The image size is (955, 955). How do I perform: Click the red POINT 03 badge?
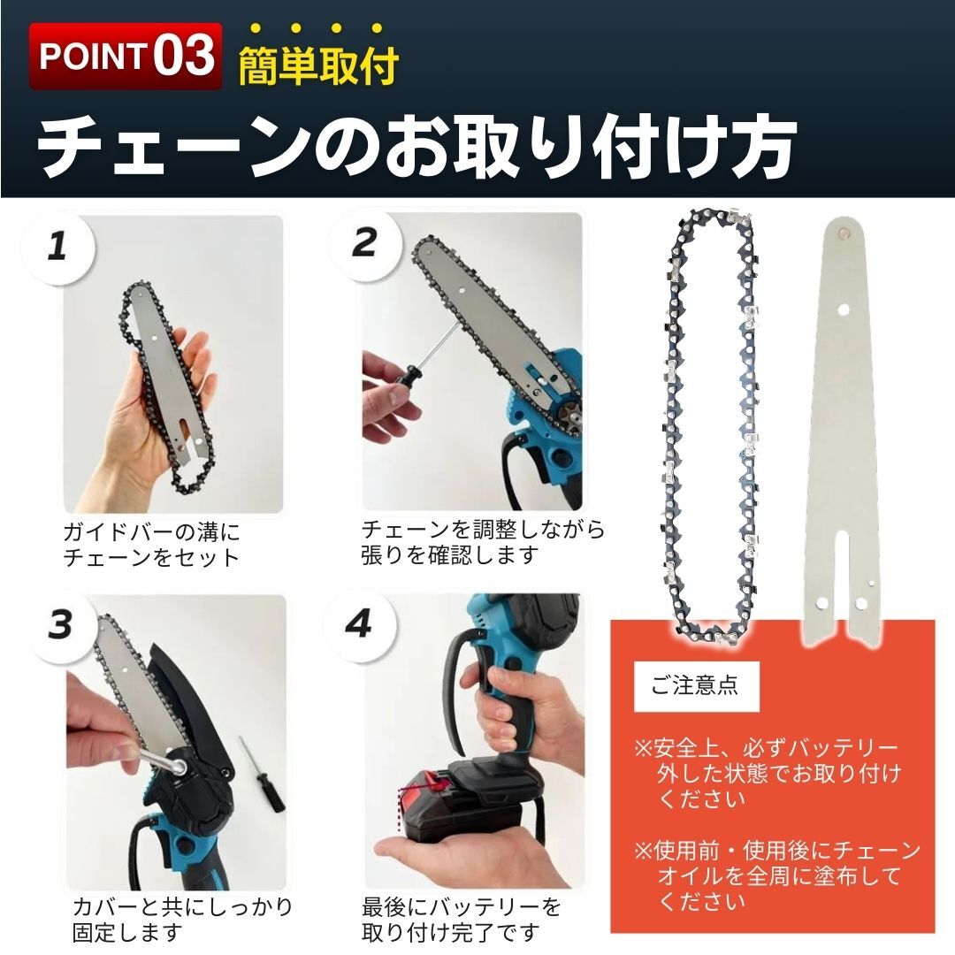pyautogui.click(x=125, y=56)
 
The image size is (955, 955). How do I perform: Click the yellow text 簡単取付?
pyautogui.click(x=318, y=66)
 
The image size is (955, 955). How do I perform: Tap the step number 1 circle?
pyautogui.click(x=57, y=245)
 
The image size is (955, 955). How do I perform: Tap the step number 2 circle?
pyautogui.click(x=363, y=242)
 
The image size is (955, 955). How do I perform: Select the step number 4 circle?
pyautogui.click(x=358, y=624)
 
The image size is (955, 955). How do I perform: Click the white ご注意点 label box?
pyautogui.click(x=695, y=685)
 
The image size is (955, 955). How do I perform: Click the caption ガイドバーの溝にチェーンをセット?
pyautogui.click(x=151, y=545)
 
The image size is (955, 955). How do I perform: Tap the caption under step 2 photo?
pyautogui.click(x=483, y=542)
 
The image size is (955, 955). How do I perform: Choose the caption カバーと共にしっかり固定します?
pyautogui.click(x=181, y=919)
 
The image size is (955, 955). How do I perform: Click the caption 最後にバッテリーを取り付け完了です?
pyautogui.click(x=461, y=919)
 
